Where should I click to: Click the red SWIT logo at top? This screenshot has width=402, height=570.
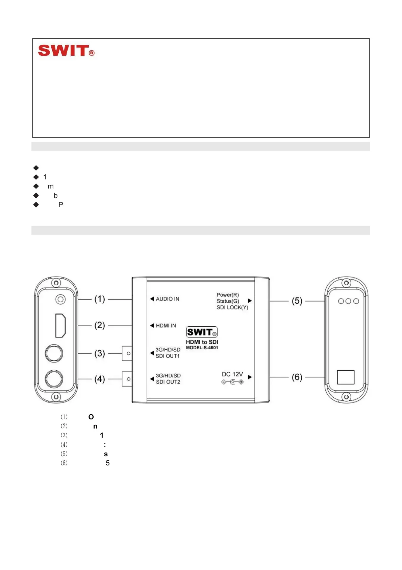[x=66, y=51]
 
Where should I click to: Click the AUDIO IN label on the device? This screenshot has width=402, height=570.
[x=167, y=299]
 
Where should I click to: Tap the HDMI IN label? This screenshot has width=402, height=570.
[x=166, y=326]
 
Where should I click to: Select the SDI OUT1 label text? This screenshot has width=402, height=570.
[x=168, y=356]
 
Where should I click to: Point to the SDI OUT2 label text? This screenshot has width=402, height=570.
[x=168, y=382]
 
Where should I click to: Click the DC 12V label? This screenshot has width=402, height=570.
[x=232, y=374]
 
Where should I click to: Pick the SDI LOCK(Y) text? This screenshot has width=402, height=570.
[x=232, y=307]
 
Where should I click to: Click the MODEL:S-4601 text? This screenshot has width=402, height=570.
[x=202, y=348]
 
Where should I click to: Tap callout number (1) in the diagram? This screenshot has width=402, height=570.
[x=100, y=299]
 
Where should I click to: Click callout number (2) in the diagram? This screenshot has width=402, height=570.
[x=100, y=326]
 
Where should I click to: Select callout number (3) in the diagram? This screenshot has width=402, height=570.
[x=100, y=353]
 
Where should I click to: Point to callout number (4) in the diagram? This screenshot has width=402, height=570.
[x=100, y=379]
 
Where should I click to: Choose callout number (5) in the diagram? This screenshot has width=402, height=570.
[x=297, y=301]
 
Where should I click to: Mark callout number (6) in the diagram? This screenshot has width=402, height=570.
[x=297, y=377]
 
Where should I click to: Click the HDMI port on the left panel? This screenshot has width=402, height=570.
[x=60, y=325]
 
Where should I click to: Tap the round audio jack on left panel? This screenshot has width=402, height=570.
[x=60, y=300]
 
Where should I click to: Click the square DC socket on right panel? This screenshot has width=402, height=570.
[x=346, y=377]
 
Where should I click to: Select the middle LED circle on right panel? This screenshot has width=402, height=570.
[x=348, y=301]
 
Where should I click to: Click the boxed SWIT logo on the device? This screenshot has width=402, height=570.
[x=202, y=332]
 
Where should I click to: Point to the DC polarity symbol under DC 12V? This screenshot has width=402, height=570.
[x=232, y=382]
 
